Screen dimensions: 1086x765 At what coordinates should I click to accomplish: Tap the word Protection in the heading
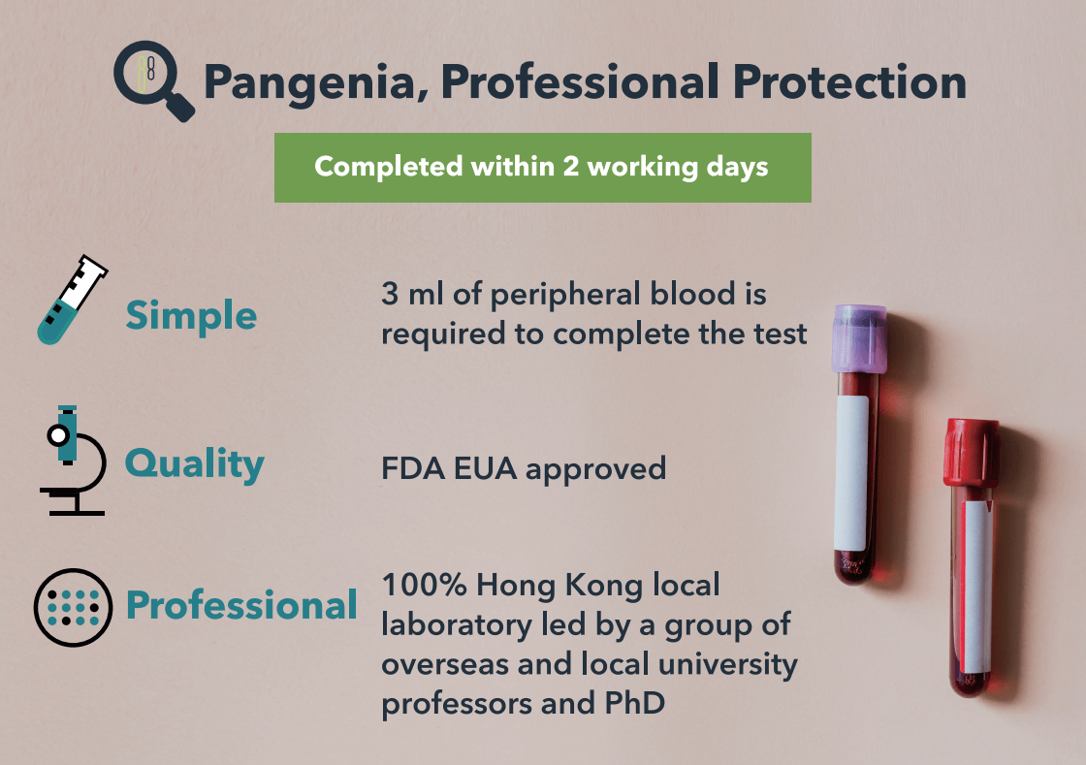849,81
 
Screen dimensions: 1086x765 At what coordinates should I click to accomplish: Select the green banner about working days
542,168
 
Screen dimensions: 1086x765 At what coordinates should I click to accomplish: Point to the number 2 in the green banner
570,166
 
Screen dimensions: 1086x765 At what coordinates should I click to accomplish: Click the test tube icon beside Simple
72,299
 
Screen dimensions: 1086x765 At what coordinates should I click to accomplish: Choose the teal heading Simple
191,317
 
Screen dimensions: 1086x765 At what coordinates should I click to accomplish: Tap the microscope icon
72,461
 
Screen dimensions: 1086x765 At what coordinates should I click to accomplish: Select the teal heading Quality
195,463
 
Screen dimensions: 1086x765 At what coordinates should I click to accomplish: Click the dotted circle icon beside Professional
73,608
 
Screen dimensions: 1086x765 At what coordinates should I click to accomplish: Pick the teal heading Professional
241,605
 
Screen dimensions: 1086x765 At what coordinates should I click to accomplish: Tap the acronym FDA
413,468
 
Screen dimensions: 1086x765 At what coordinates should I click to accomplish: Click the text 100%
424,585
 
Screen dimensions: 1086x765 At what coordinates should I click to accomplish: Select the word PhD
634,703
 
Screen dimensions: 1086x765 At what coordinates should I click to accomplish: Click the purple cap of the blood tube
859,338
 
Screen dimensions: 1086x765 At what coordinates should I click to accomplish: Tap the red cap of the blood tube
971,452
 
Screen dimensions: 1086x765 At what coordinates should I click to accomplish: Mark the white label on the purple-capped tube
852,473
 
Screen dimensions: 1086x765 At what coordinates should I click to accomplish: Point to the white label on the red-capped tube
976,587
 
